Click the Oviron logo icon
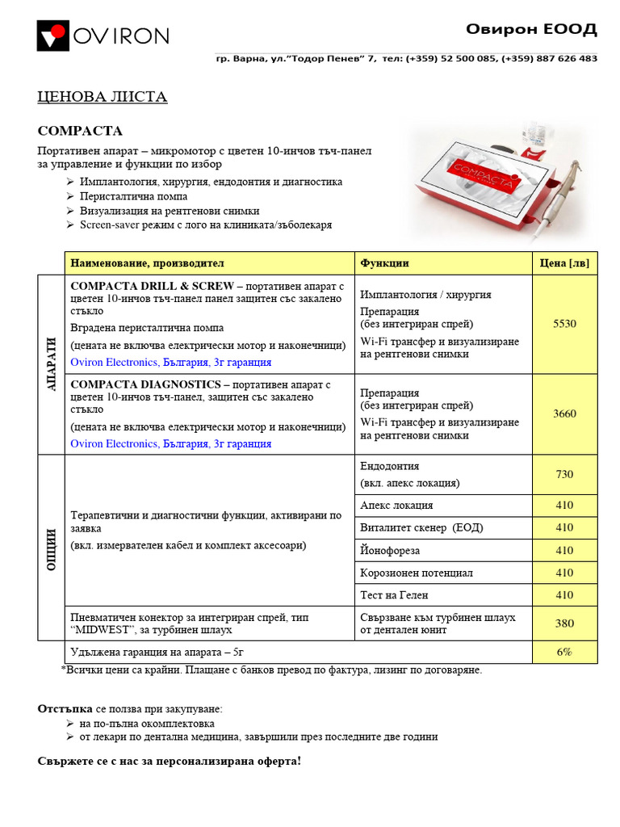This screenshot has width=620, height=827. click(53, 36)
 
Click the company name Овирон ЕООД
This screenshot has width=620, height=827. click(531, 30)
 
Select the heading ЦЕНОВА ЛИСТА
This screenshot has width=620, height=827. click(103, 98)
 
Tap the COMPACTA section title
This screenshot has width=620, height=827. click(80, 131)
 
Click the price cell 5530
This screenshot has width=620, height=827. click(564, 324)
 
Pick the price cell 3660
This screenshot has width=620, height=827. click(564, 413)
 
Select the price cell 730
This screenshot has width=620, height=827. click(564, 474)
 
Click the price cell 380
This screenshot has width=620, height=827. click(564, 623)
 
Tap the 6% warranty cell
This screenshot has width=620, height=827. click(564, 652)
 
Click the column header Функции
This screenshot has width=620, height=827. click(384, 263)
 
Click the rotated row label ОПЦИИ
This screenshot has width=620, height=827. click(51, 549)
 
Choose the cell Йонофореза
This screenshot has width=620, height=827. click(390, 550)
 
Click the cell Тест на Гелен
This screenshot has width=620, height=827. click(395, 595)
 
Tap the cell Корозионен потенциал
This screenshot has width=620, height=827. click(417, 573)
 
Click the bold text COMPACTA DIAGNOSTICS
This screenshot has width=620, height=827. click(145, 384)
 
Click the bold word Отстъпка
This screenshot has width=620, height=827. click(65, 708)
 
